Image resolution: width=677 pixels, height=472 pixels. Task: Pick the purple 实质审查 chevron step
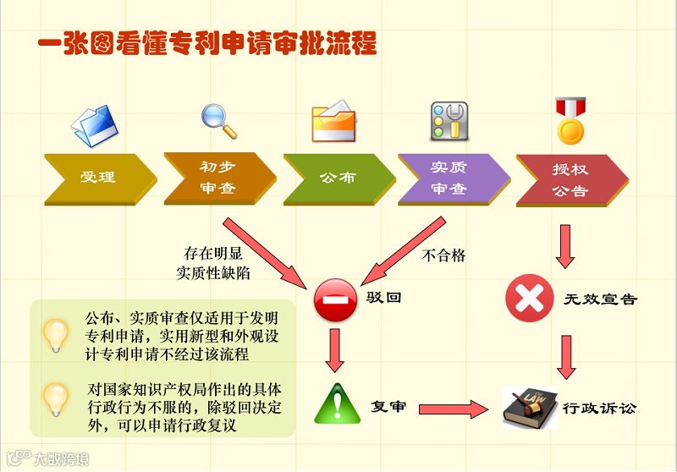[x=451, y=178]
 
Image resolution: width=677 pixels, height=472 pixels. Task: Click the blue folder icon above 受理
[x=94, y=123]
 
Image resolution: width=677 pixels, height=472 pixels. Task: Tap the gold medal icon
[x=570, y=120]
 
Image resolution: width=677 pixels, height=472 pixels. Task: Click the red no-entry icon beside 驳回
[x=335, y=299]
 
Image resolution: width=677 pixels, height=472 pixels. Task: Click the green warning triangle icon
[x=337, y=403]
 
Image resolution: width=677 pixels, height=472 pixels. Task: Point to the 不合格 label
[x=443, y=255]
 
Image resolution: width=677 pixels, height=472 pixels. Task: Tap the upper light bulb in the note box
[x=57, y=335]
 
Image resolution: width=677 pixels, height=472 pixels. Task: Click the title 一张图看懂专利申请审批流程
[x=207, y=43]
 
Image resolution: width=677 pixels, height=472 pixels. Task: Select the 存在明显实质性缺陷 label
[x=213, y=263]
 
